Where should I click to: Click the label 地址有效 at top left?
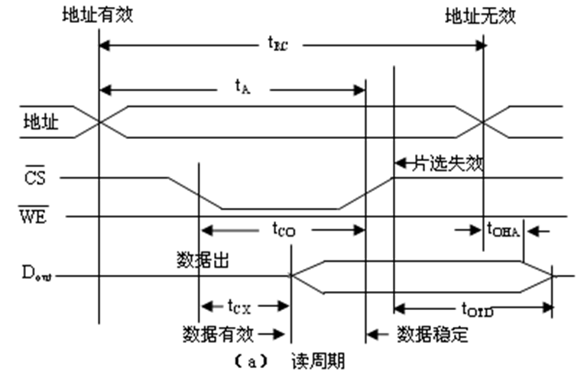point(97,14)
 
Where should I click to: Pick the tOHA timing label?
point(503,228)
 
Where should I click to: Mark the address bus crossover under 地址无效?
point(482,122)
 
